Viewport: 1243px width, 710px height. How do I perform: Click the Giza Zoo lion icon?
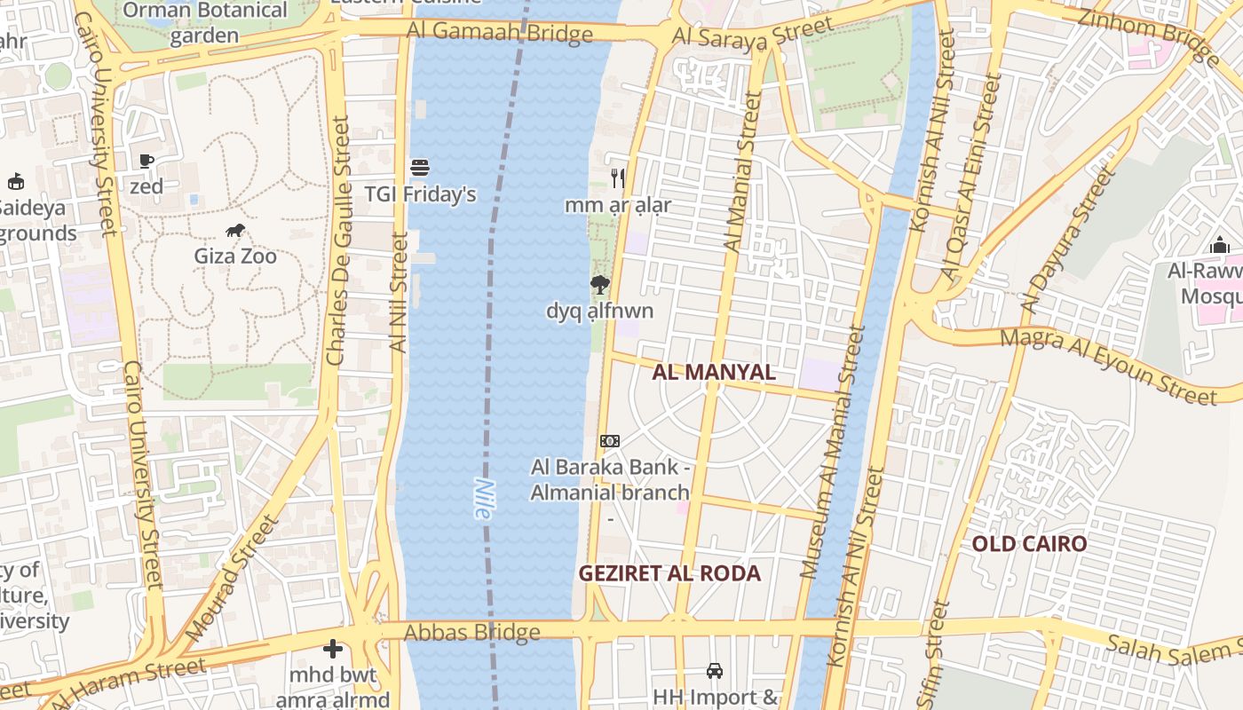pyautogui.click(x=235, y=231)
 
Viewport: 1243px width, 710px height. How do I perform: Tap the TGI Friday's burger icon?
pyautogui.click(x=420, y=168)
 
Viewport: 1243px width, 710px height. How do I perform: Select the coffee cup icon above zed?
pyautogui.click(x=146, y=161)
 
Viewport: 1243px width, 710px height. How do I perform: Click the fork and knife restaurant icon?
pyautogui.click(x=618, y=178)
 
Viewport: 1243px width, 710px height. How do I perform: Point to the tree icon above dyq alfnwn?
pyautogui.click(x=600, y=285)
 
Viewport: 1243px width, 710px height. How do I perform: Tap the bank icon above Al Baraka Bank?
pyautogui.click(x=610, y=441)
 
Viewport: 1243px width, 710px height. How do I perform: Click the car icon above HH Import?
pyautogui.click(x=715, y=670)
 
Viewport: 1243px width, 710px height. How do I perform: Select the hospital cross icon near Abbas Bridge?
pyautogui.click(x=333, y=649)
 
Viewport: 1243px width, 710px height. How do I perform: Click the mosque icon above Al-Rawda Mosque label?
pyautogui.click(x=1220, y=244)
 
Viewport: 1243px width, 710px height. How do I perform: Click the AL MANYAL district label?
pyautogui.click(x=714, y=372)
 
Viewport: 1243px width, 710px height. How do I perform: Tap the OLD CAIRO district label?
pyautogui.click(x=1029, y=544)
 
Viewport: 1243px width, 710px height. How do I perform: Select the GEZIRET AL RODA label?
pyautogui.click(x=669, y=573)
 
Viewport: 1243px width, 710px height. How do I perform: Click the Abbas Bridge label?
pyautogui.click(x=471, y=633)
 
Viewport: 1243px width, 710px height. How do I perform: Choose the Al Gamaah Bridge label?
pyautogui.click(x=500, y=33)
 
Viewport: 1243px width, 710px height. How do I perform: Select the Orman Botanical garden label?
pyautogui.click(x=204, y=23)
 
